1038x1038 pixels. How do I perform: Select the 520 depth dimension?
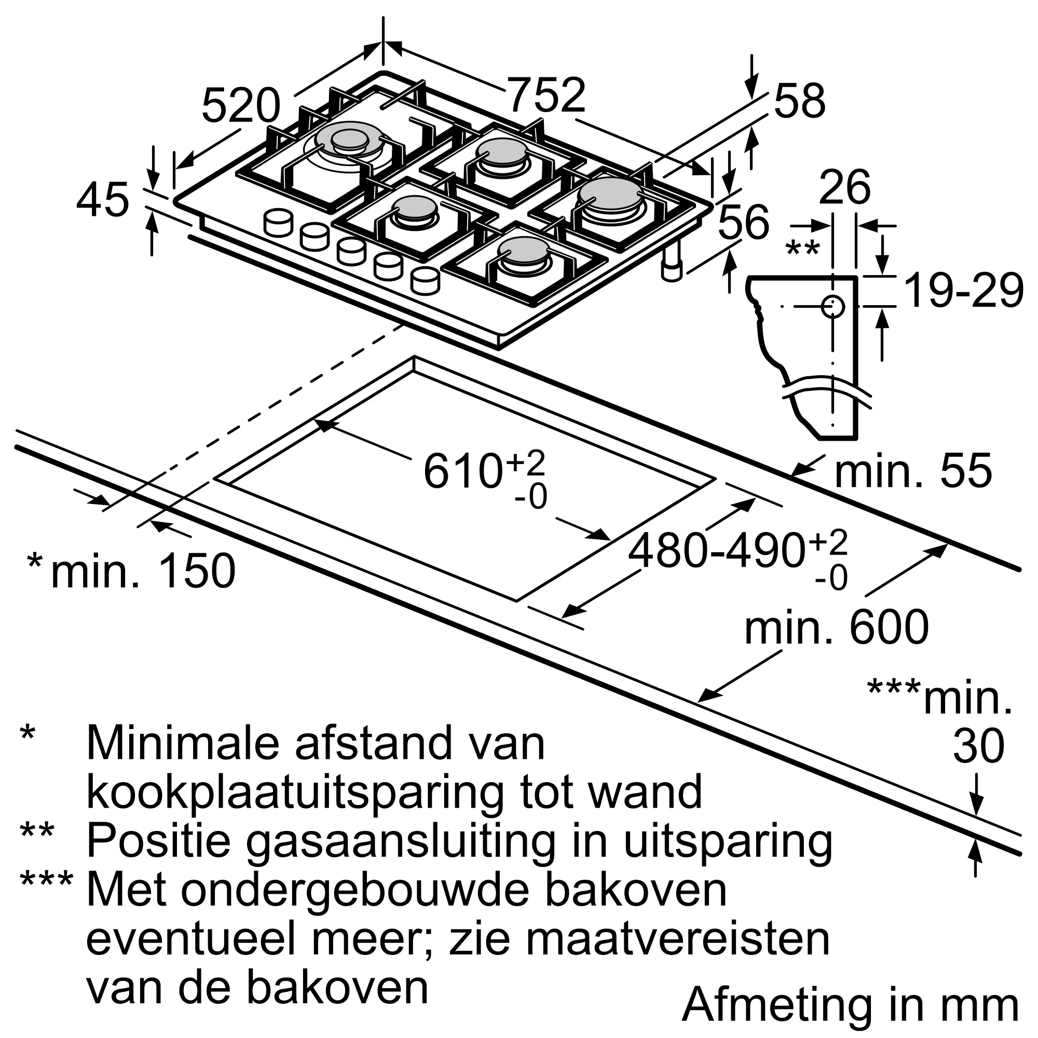241,105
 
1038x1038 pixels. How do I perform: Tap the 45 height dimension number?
103,200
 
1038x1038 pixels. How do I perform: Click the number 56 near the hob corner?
744,222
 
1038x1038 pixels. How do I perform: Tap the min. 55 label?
913,471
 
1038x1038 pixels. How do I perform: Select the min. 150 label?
143,570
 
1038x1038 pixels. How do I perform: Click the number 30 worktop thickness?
978,746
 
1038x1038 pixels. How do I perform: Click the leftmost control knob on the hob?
279,222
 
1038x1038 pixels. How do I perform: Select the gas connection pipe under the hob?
672,263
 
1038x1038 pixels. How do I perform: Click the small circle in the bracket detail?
832,307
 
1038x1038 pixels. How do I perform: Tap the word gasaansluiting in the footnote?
401,841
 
